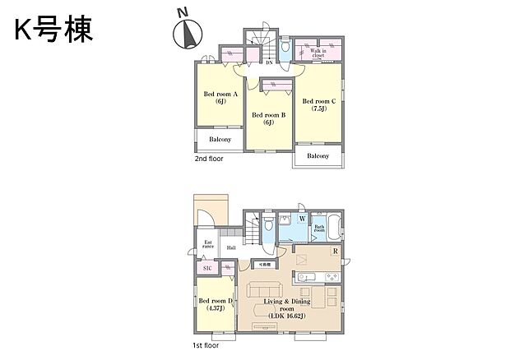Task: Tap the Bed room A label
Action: tap(220, 98)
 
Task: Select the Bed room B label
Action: tap(268, 118)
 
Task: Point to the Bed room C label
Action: tap(318, 104)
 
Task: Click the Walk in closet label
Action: tap(320, 54)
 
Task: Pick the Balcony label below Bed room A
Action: tap(220, 140)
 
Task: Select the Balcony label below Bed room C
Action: tap(318, 156)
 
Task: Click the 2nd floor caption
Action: tap(209, 159)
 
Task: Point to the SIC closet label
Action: tap(206, 268)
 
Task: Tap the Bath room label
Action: tap(319, 229)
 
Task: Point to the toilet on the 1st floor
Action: tap(267, 225)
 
